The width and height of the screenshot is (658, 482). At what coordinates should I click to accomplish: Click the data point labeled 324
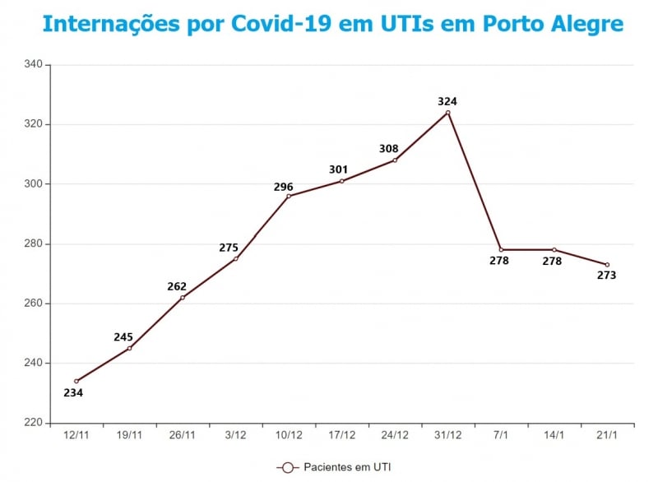(x=447, y=113)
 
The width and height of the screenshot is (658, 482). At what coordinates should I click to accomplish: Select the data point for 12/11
(x=76, y=381)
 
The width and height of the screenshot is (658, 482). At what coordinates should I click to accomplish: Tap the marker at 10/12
(x=289, y=196)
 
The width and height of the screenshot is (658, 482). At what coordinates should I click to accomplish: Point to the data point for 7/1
(x=501, y=250)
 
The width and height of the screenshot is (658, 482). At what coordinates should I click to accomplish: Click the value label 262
(x=177, y=286)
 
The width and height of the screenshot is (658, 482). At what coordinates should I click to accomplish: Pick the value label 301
(x=338, y=169)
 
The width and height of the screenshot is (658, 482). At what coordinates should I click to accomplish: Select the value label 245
(x=123, y=336)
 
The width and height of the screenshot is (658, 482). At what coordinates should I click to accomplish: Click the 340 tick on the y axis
(x=34, y=64)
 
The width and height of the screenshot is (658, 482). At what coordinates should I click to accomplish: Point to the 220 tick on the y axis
(x=34, y=423)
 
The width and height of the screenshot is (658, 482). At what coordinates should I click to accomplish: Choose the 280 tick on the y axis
(x=34, y=243)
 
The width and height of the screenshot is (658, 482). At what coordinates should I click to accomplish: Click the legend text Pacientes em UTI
(x=347, y=467)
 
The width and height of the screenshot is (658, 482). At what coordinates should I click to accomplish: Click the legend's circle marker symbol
(x=287, y=467)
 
